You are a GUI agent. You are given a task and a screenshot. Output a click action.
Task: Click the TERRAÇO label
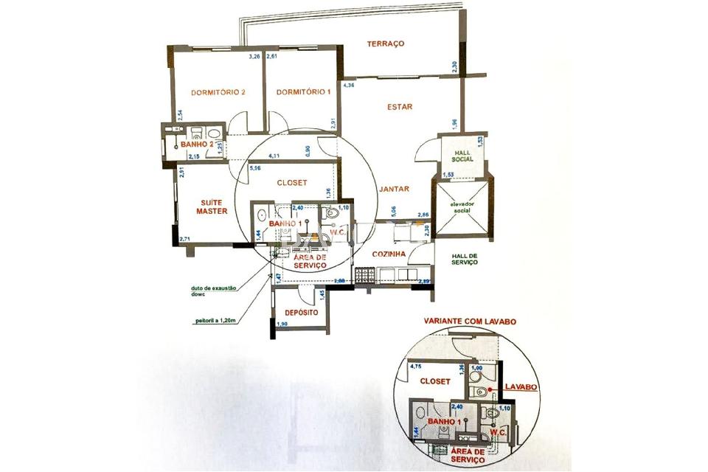(386, 44)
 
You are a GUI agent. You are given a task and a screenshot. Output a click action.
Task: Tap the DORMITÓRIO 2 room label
(218, 93)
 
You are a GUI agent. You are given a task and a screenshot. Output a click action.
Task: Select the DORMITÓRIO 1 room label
(302, 92)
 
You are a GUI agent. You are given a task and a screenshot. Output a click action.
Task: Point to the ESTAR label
(400, 107)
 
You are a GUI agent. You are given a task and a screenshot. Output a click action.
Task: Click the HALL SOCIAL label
(461, 156)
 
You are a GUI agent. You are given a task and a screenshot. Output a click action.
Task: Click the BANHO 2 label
(197, 145)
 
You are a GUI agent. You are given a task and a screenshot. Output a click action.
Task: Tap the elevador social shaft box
(459, 208)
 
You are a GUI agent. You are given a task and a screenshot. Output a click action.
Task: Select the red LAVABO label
(521, 386)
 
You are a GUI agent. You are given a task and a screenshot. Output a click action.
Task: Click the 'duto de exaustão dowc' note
(213, 291)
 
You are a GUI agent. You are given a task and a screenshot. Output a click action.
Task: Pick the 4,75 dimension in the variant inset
(415, 366)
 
